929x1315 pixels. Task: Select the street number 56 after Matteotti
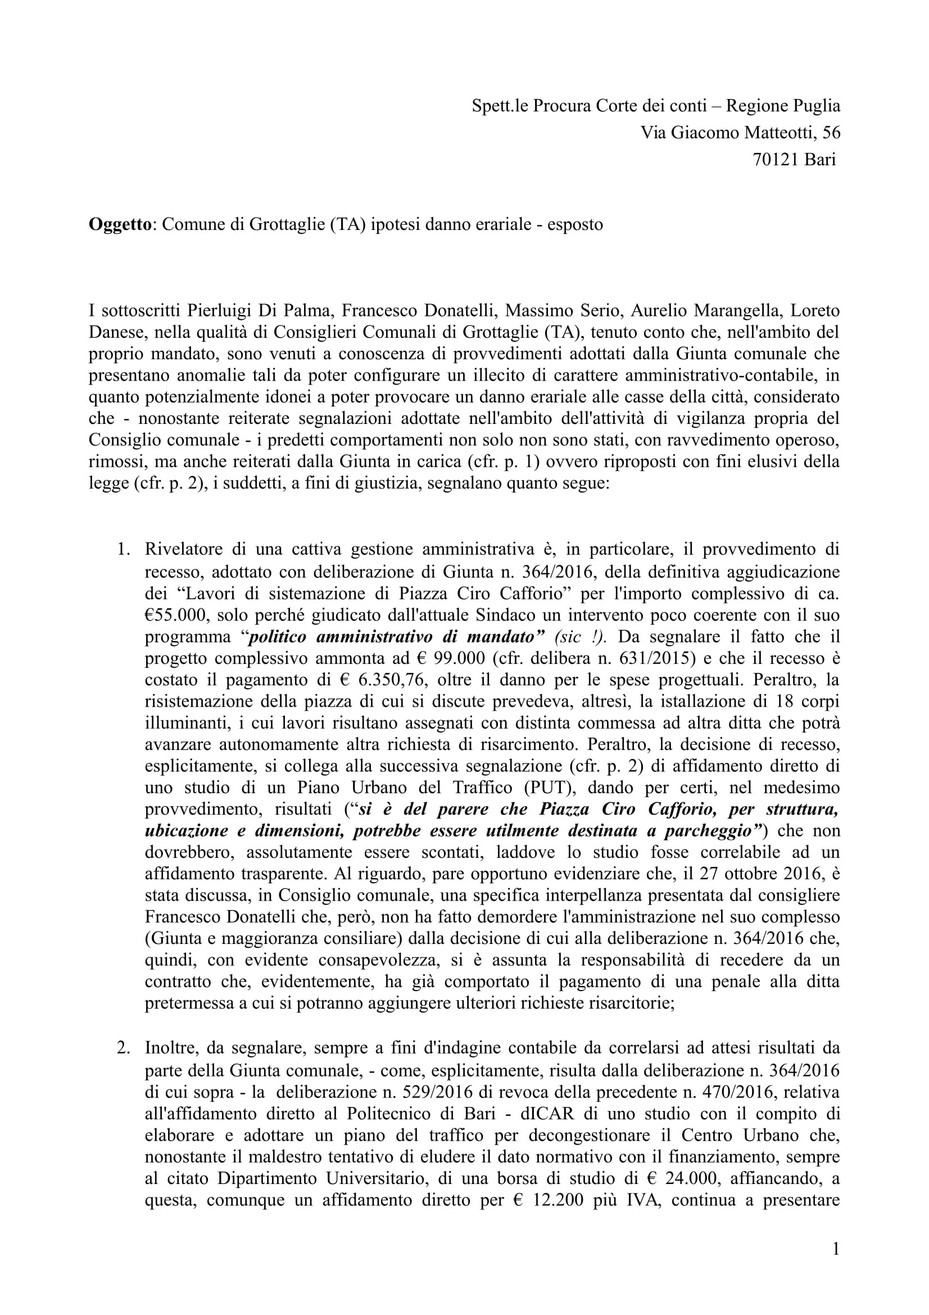point(831,133)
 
